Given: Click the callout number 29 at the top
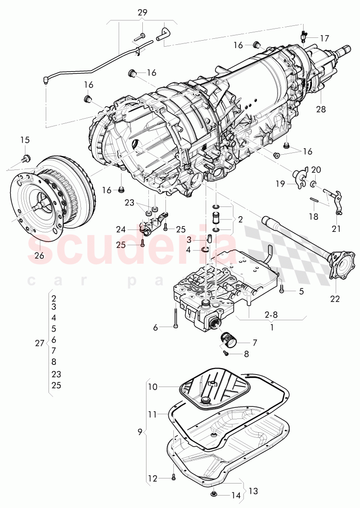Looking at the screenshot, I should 142,12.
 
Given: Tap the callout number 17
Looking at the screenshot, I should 324,38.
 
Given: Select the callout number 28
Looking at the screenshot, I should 321,109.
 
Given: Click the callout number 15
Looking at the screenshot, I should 24,140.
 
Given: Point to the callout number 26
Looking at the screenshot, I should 39,255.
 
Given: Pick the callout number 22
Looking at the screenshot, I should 335,298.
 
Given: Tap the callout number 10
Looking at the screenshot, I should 153,387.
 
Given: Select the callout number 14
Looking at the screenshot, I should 236,496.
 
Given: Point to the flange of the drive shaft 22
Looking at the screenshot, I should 342,264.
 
